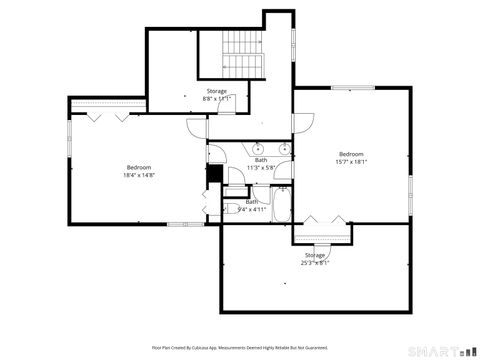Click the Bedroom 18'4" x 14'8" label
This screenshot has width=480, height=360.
pyautogui.click(x=139, y=170)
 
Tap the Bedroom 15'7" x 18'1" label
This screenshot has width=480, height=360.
pyautogui.click(x=351, y=157)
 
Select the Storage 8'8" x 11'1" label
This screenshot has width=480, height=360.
pyautogui.click(x=216, y=96)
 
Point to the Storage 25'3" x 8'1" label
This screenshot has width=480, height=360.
pyautogui.click(x=315, y=258)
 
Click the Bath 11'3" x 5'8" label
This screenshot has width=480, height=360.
pyautogui.click(x=261, y=163)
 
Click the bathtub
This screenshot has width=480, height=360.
pyautogui.click(x=281, y=205)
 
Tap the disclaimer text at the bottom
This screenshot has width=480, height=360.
pyautogui.click(x=239, y=347)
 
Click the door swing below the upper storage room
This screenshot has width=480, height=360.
pyautogui.click(x=195, y=129)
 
